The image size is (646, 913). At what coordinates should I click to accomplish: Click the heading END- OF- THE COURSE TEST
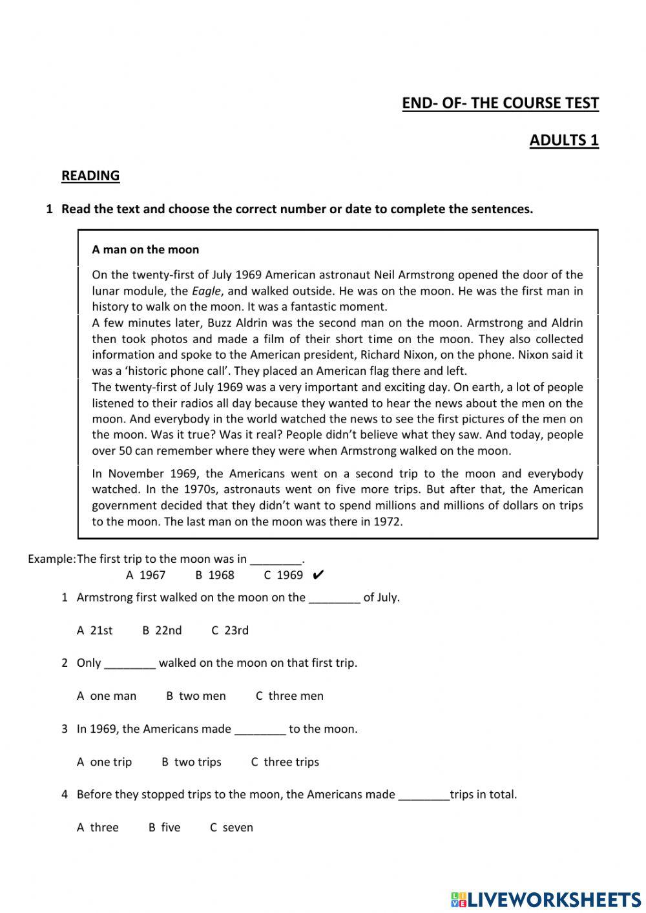tap(500, 103)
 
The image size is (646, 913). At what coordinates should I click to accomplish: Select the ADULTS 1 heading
tap(564, 141)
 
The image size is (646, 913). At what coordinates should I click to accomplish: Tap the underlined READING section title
tap(90, 176)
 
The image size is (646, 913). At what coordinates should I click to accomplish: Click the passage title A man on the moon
tap(145, 250)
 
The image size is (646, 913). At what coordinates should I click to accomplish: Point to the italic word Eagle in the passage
tap(206, 291)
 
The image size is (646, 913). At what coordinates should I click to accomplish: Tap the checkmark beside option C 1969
tap(317, 575)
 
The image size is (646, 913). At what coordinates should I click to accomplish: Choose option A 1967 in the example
tap(146, 575)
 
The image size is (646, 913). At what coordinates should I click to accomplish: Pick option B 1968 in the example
tap(214, 575)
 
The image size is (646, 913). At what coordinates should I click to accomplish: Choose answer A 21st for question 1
tap(95, 631)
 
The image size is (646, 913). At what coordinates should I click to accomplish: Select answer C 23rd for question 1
tap(230, 631)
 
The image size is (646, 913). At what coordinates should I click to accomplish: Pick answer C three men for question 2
tap(289, 697)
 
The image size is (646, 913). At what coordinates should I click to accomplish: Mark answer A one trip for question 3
tap(104, 762)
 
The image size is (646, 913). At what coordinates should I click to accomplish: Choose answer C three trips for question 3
tap(285, 762)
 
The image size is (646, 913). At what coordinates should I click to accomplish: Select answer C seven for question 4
tap(231, 828)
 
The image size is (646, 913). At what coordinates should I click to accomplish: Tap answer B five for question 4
tap(165, 828)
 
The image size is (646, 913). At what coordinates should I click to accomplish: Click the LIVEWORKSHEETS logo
tap(546, 899)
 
